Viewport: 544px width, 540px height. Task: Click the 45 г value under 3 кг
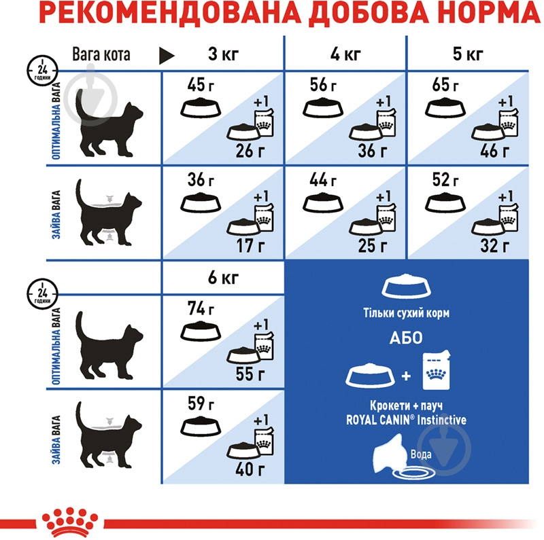pos(197,86)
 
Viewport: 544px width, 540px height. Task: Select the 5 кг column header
pos(467,53)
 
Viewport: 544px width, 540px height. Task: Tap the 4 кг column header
pos(345,53)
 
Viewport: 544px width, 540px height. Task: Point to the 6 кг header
pos(223,279)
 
